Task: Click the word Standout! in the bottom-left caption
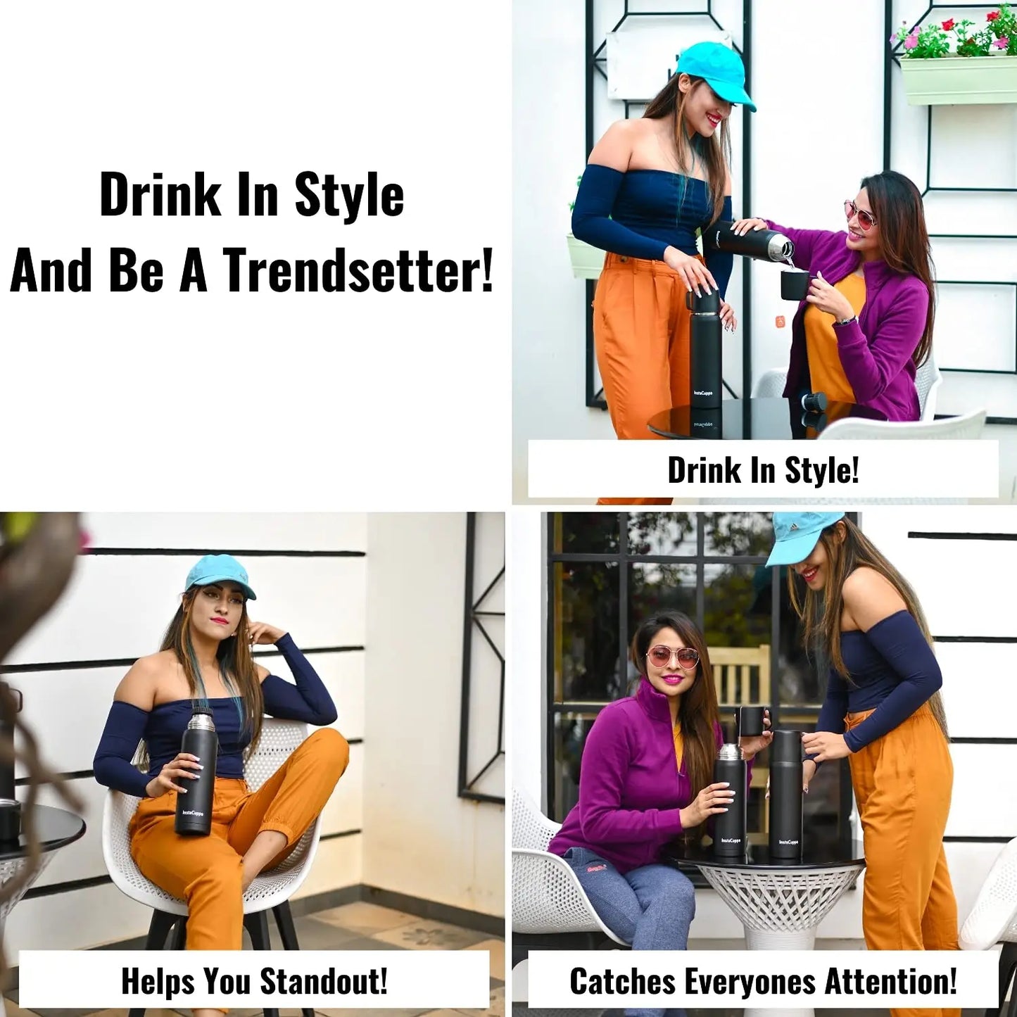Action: click(x=323, y=966)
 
